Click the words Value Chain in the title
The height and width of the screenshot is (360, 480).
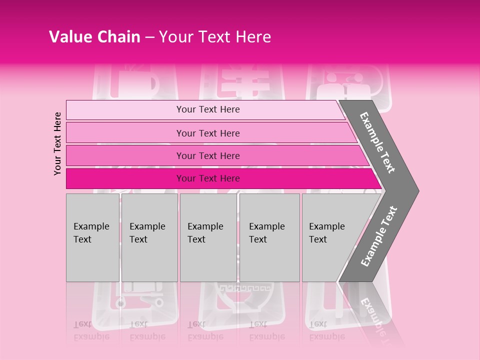click(94, 37)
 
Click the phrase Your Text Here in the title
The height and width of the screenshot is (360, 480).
click(215, 37)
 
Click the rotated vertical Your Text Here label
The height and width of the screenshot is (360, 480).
click(57, 143)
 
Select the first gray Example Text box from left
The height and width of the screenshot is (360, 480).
click(92, 237)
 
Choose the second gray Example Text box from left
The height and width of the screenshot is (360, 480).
click(149, 237)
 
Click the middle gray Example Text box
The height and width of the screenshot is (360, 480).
click(208, 237)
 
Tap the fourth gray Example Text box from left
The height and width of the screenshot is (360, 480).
click(269, 237)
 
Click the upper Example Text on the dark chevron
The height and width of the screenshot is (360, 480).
click(378, 142)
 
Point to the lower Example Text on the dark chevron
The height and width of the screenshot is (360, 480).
click(379, 236)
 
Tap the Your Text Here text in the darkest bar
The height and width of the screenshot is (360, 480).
click(208, 178)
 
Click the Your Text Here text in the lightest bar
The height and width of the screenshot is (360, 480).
click(208, 109)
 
